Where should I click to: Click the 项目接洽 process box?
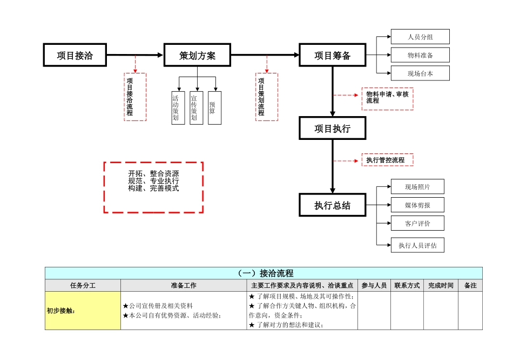pyautogui.click(x=75, y=55)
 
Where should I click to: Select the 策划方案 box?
pyautogui.click(x=198, y=55)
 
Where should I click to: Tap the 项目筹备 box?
pyautogui.click(x=333, y=55)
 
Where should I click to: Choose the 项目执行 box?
pyautogui.click(x=333, y=129)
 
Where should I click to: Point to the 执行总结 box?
pyautogui.click(x=333, y=205)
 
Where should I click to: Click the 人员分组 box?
pyautogui.click(x=420, y=37)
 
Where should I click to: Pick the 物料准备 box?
pyautogui.click(x=420, y=55)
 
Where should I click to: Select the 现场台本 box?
pyautogui.click(x=420, y=73)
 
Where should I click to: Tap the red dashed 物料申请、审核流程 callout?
pyautogui.click(x=387, y=98)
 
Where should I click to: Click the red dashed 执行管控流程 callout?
pyautogui.click(x=387, y=160)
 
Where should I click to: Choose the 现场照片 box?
pyautogui.click(x=417, y=187)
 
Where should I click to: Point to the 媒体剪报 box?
pyautogui.click(x=417, y=205)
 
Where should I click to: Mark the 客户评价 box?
pyautogui.click(x=417, y=223)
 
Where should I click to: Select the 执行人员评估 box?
pyautogui.click(x=417, y=245)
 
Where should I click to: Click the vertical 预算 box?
pyautogui.click(x=214, y=108)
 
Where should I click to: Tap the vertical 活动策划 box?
pyautogui.click(x=178, y=108)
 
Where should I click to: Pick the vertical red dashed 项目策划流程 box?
pyautogui.click(x=266, y=97)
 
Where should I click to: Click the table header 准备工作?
pyautogui.click(x=184, y=285)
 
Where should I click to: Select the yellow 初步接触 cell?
pyautogui.click(x=83, y=311)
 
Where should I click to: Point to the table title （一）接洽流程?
pyautogui.click(x=264, y=273)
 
